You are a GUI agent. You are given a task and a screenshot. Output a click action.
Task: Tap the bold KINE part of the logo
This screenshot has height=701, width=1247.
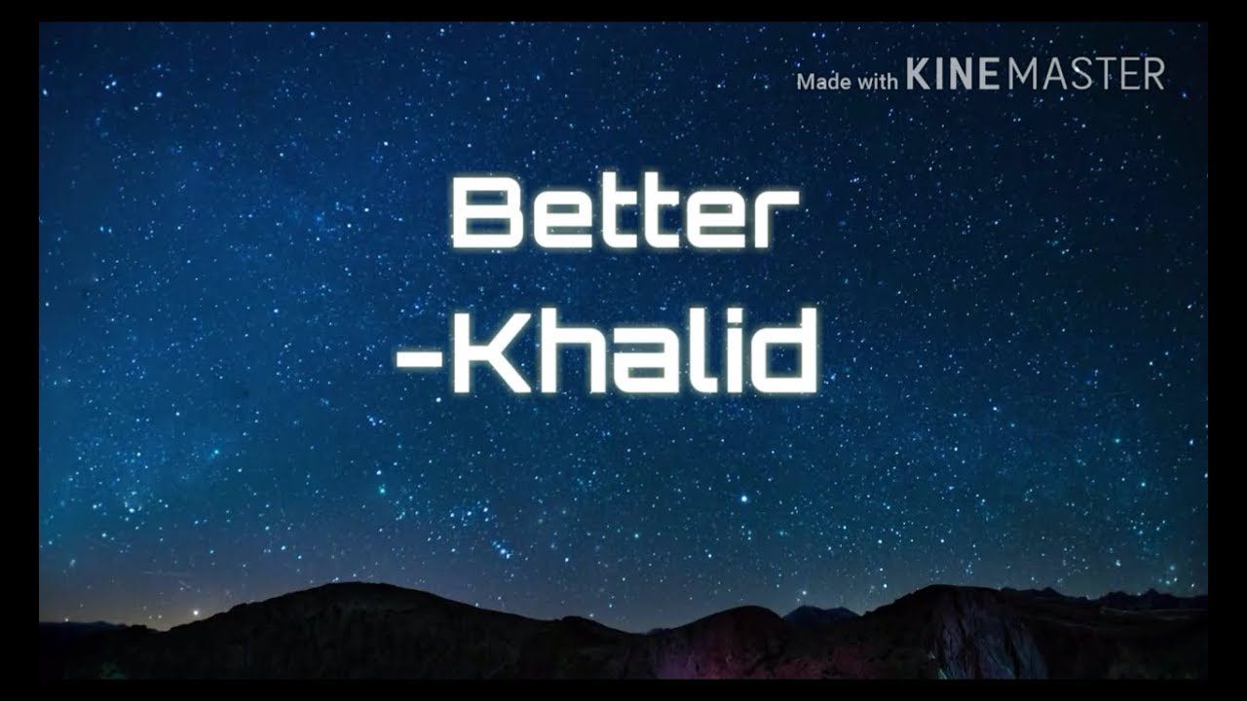point(954,75)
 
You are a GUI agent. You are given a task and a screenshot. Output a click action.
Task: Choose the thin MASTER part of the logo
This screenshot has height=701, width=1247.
point(1085,75)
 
